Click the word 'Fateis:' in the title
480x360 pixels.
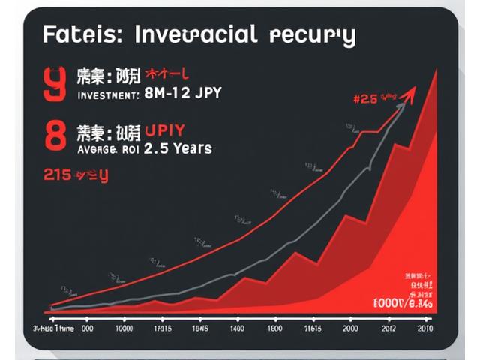point(73,35)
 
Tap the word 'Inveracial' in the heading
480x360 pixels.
point(194,34)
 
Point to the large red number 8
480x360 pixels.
point(55,139)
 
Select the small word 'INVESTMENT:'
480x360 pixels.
point(108,95)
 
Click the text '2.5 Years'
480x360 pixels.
point(177,148)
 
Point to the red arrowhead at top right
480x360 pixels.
point(409,93)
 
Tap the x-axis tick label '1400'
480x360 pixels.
point(237,328)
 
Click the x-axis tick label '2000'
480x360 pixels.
point(349,328)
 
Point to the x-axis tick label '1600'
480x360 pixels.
point(274,328)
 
